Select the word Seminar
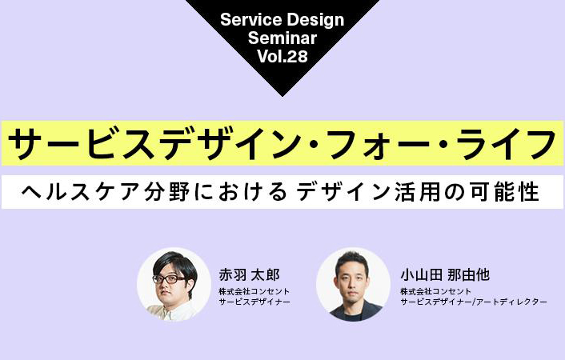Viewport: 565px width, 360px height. (x=282, y=38)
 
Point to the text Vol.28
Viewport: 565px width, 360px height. (x=282, y=56)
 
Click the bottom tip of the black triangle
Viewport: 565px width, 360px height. (x=282, y=97)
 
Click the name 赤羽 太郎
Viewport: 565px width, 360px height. (x=250, y=275)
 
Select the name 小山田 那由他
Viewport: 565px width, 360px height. (x=445, y=275)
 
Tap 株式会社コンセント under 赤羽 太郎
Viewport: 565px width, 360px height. (x=254, y=291)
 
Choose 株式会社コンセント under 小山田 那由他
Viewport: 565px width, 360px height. (x=435, y=291)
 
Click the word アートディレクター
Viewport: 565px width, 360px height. (x=511, y=302)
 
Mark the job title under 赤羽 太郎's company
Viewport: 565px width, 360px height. (x=254, y=302)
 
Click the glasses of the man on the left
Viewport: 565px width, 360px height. (x=169, y=279)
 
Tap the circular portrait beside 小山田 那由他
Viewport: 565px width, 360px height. (x=353, y=284)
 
